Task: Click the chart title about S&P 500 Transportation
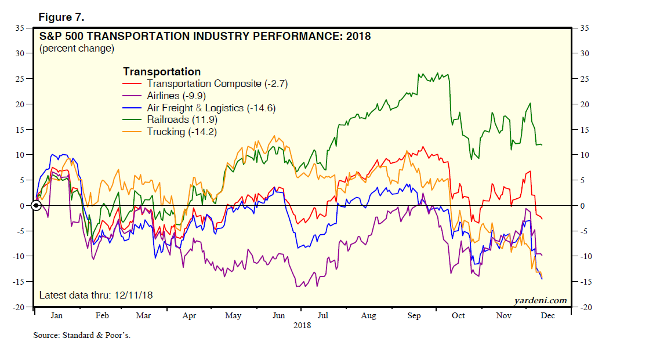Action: [x=205, y=37]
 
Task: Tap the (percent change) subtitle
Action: [x=77, y=49]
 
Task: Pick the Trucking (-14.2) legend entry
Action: [x=181, y=132]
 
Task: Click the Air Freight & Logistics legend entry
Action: [x=202, y=108]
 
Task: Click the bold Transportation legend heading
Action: [x=162, y=72]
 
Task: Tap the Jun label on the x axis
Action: [x=278, y=316]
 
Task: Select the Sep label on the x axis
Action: [x=414, y=316]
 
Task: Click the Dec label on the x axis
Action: [x=547, y=316]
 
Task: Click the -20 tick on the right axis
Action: [x=586, y=307]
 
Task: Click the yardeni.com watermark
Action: [x=540, y=300]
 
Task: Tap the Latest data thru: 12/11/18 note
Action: [x=96, y=296]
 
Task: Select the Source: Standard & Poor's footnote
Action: [x=82, y=336]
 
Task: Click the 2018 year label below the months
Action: [x=302, y=325]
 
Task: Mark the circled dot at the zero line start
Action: [x=36, y=205]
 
